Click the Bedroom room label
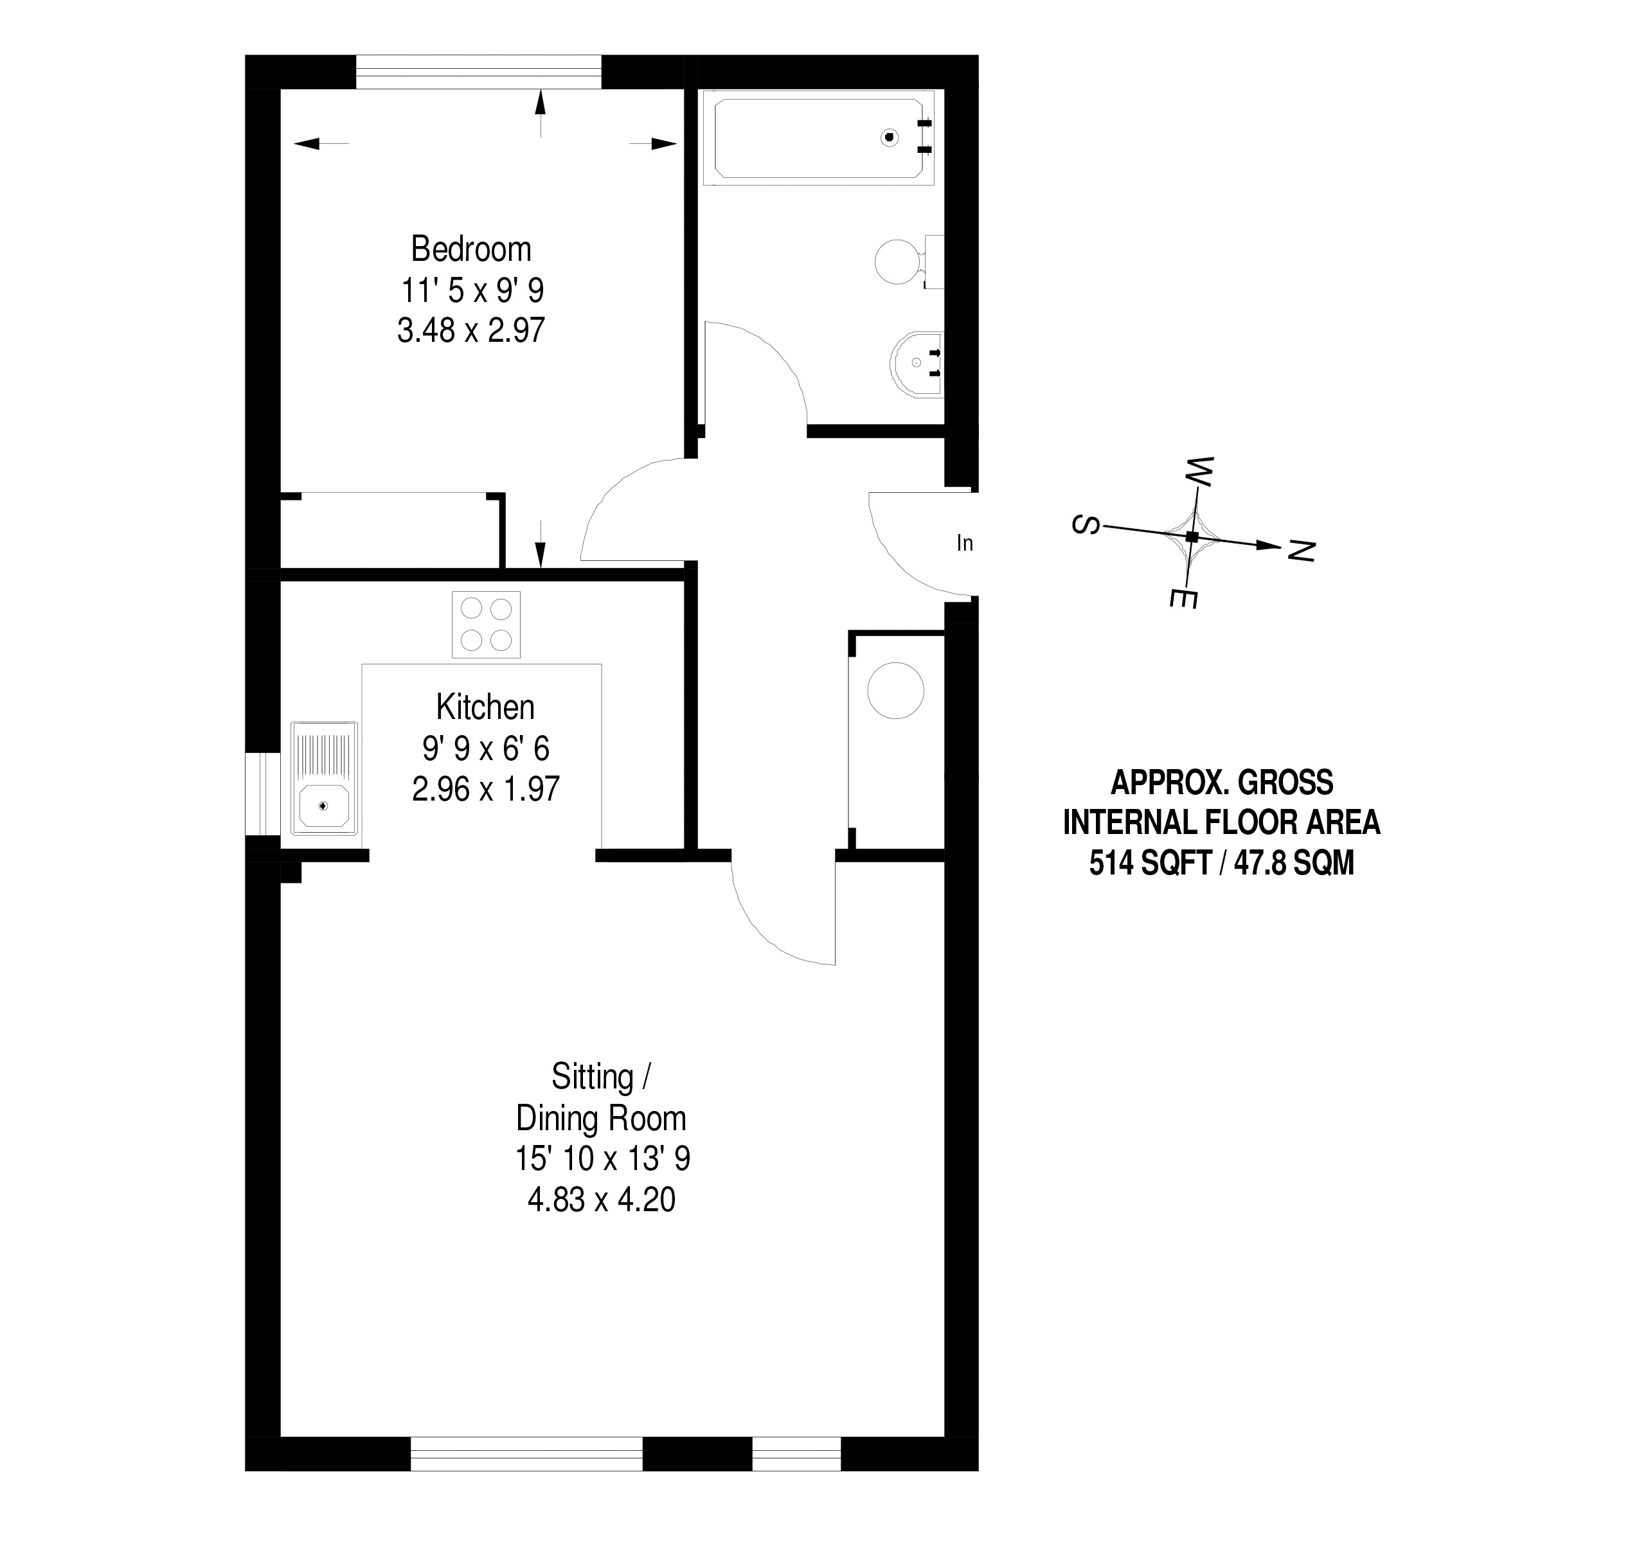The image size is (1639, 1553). click(470, 249)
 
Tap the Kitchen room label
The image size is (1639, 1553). click(485, 707)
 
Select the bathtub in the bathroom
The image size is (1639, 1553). click(818, 138)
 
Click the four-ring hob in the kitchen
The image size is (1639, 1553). click(486, 625)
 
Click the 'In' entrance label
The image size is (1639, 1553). click(965, 543)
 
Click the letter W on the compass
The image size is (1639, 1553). click(1199, 472)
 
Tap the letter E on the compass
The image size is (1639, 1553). click(1183, 598)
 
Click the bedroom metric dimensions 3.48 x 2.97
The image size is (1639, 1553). click(470, 330)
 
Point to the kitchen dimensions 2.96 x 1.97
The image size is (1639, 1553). click(485, 789)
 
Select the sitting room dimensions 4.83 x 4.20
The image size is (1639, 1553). click(601, 1200)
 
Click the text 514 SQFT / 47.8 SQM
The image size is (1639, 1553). click(1222, 864)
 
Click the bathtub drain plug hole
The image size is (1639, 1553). click(890, 138)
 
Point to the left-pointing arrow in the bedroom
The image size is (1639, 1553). click(321, 144)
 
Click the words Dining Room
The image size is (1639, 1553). click(601, 1119)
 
